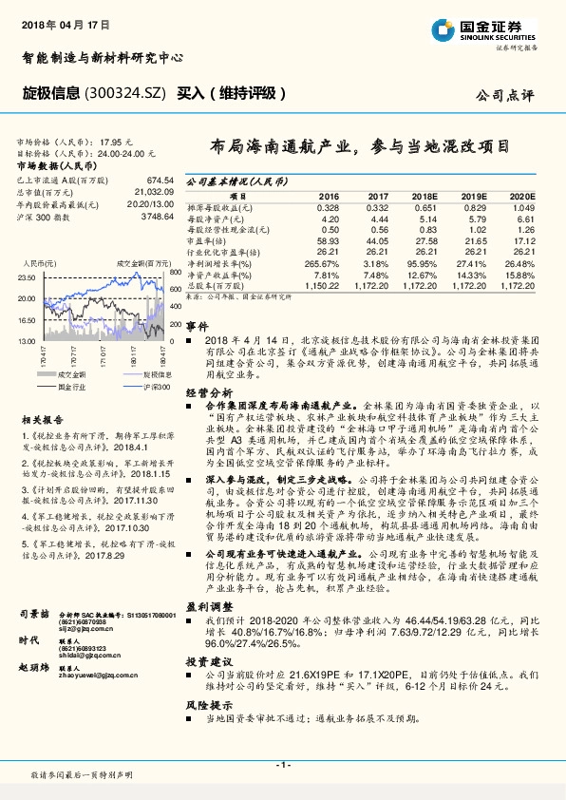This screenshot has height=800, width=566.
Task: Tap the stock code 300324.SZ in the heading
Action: point(128,92)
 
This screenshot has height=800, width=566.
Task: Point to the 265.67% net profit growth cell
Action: point(323,261)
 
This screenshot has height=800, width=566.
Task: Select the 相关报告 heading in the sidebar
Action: point(43,420)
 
